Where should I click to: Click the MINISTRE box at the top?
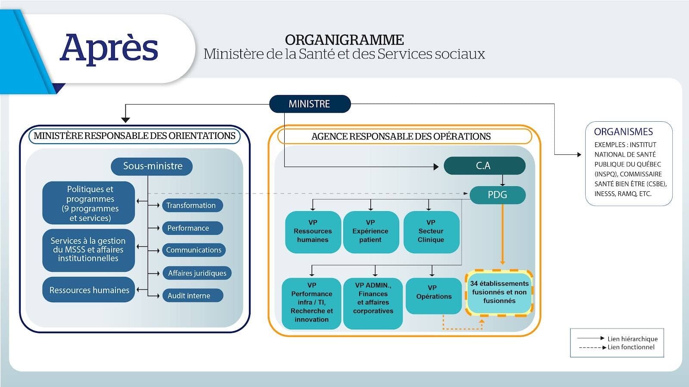(x=310, y=104)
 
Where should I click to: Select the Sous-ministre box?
(x=152, y=166)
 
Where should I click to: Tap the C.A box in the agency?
(x=484, y=166)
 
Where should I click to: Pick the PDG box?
(x=497, y=195)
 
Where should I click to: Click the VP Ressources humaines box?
(x=313, y=231)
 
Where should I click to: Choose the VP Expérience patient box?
(x=370, y=231)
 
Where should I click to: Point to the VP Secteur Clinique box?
(x=431, y=231)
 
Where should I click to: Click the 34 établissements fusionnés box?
(x=499, y=292)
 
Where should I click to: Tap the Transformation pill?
(x=192, y=206)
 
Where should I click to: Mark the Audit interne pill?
(x=192, y=296)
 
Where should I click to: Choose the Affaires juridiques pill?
(x=197, y=273)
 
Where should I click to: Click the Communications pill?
(x=194, y=250)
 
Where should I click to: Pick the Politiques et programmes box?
(x=89, y=203)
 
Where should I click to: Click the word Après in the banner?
(x=109, y=47)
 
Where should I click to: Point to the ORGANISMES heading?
(x=623, y=132)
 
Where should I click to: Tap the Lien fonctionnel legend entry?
(x=630, y=347)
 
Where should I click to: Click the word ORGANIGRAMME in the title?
(x=344, y=40)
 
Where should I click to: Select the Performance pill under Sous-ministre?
(x=192, y=228)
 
